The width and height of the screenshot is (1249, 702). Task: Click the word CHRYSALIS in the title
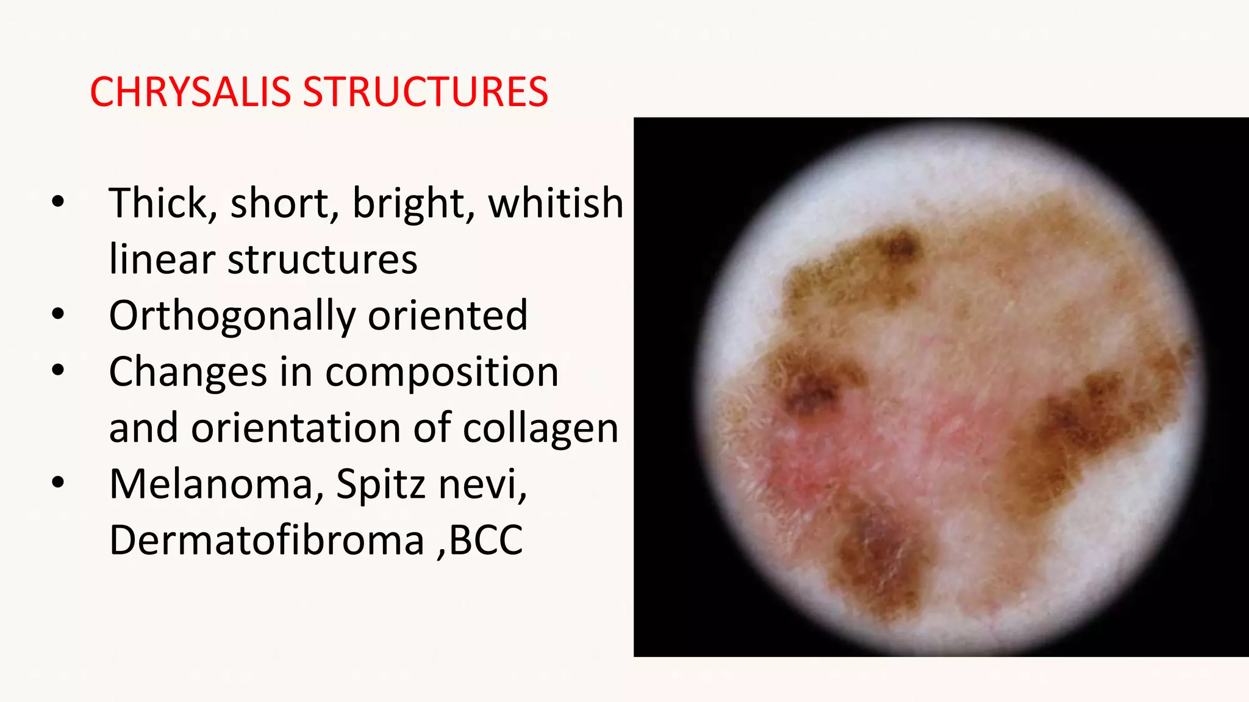(190, 93)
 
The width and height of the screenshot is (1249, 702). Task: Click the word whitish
(555, 204)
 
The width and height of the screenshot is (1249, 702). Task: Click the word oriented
(447, 316)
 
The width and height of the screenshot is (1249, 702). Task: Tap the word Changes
(187, 372)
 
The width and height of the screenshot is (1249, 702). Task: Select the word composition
(442, 372)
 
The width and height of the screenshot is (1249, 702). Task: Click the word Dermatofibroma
(267, 541)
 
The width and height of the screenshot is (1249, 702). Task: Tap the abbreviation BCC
(486, 541)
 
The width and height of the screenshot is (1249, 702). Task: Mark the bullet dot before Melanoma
(58, 483)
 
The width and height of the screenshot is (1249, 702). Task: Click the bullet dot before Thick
(58, 202)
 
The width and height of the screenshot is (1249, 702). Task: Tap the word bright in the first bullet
(413, 204)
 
